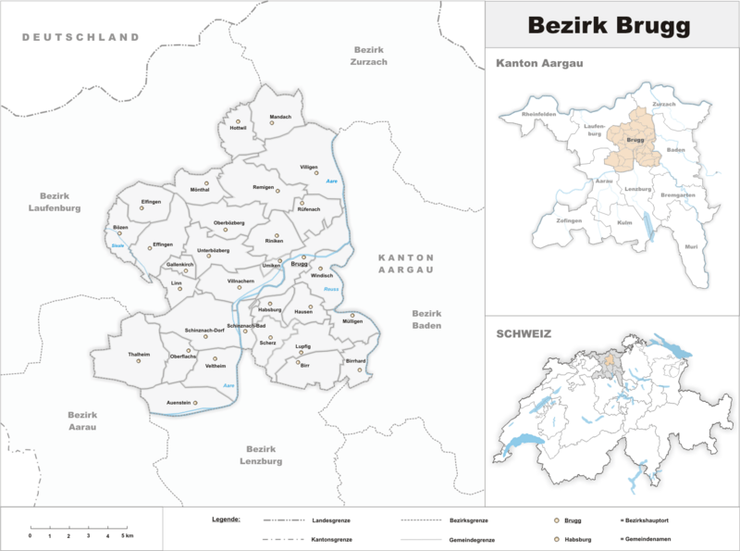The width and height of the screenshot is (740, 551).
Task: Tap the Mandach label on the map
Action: pyautogui.click(x=280, y=117)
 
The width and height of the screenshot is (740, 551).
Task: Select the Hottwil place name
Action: pyautogui.click(x=239, y=128)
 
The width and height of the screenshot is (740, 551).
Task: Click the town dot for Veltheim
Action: pyautogui.click(x=215, y=358)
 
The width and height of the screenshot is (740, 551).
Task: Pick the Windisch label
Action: pyautogui.click(x=321, y=275)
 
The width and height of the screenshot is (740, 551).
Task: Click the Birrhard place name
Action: pyautogui.click(x=356, y=360)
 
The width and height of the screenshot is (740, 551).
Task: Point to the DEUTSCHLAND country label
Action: pyautogui.click(x=80, y=37)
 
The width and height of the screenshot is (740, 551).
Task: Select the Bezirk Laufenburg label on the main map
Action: pyautogui.click(x=55, y=202)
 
